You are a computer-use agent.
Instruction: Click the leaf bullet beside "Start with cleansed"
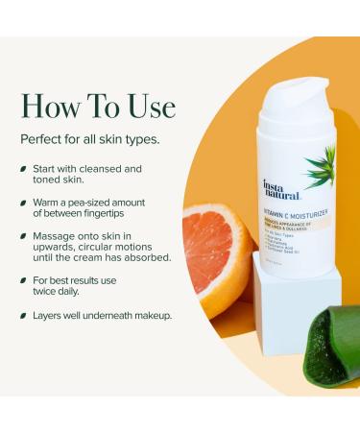click(x=23, y=169)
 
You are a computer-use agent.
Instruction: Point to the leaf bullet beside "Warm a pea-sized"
click(x=23, y=204)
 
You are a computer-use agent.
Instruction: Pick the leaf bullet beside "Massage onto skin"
click(x=23, y=235)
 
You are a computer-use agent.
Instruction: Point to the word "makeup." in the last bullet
click(x=149, y=316)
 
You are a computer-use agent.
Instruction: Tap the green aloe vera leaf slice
click(x=333, y=347)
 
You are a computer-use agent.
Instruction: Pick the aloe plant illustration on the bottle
click(x=321, y=165)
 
